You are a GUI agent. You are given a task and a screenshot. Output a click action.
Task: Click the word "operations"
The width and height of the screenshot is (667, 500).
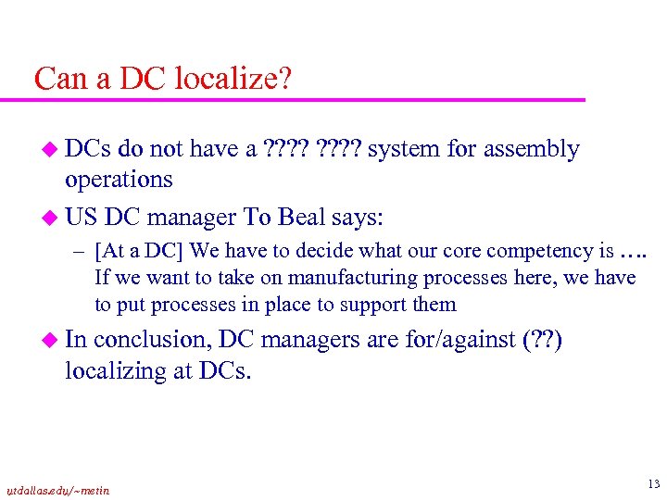(119, 179)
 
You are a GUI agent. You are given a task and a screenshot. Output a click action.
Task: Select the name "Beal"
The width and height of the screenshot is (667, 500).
(304, 218)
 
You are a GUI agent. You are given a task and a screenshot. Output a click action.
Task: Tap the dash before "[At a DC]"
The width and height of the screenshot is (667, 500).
(81, 251)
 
